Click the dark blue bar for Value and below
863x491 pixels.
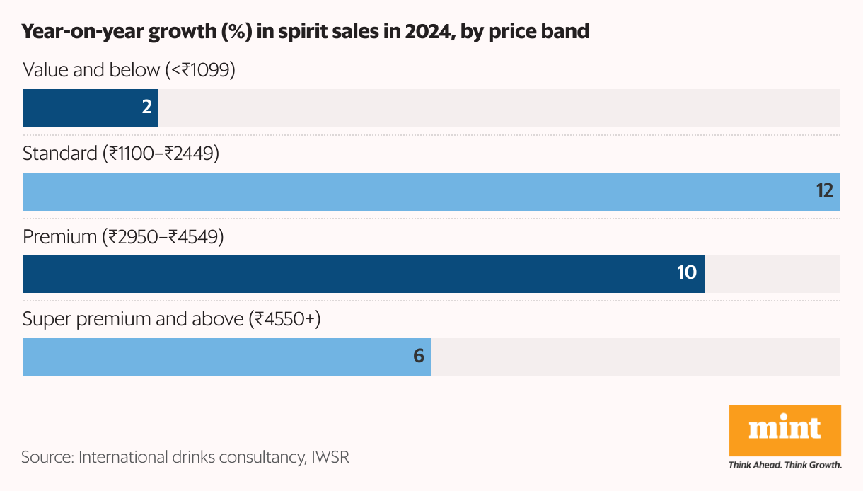[91, 108]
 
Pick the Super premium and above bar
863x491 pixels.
[227, 357]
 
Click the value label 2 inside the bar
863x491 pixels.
[147, 108]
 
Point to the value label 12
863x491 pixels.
[824, 191]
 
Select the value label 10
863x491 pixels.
[687, 273]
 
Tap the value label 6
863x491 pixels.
[419, 356]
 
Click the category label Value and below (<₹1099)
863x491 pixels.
[129, 70]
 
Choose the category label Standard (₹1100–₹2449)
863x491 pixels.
[121, 153]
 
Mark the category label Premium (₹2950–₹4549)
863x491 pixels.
[123, 236]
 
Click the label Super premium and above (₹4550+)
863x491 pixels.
[172, 319]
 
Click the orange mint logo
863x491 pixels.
[784, 429]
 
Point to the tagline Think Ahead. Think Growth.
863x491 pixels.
[784, 466]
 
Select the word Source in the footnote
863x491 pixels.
[46, 457]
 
